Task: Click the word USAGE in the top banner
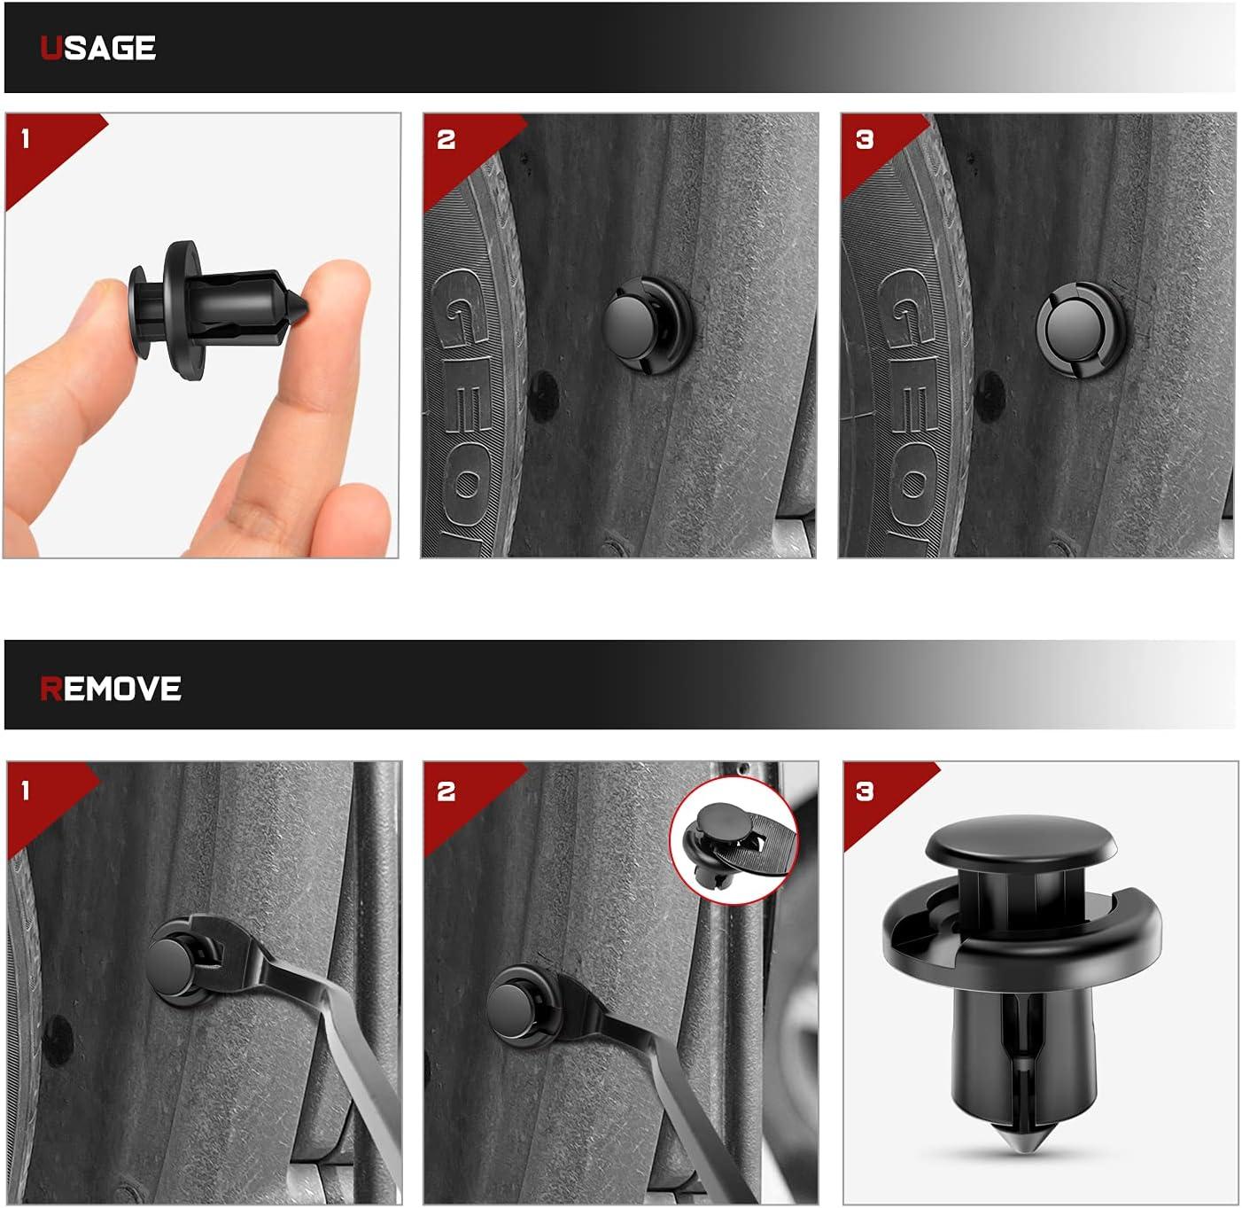[x=97, y=49]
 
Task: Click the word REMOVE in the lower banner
[x=111, y=689]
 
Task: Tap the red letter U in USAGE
[x=51, y=49]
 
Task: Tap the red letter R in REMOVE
[x=51, y=689]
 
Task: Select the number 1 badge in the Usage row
[x=26, y=138]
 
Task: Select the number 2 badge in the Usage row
[x=446, y=139]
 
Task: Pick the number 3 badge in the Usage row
[x=864, y=139]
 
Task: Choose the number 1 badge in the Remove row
[x=26, y=791]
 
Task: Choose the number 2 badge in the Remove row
[x=446, y=791]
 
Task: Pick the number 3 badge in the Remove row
[x=864, y=791]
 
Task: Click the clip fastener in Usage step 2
[x=647, y=324]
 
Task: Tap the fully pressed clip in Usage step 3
[x=1081, y=330]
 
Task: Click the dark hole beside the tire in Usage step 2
[x=543, y=396]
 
